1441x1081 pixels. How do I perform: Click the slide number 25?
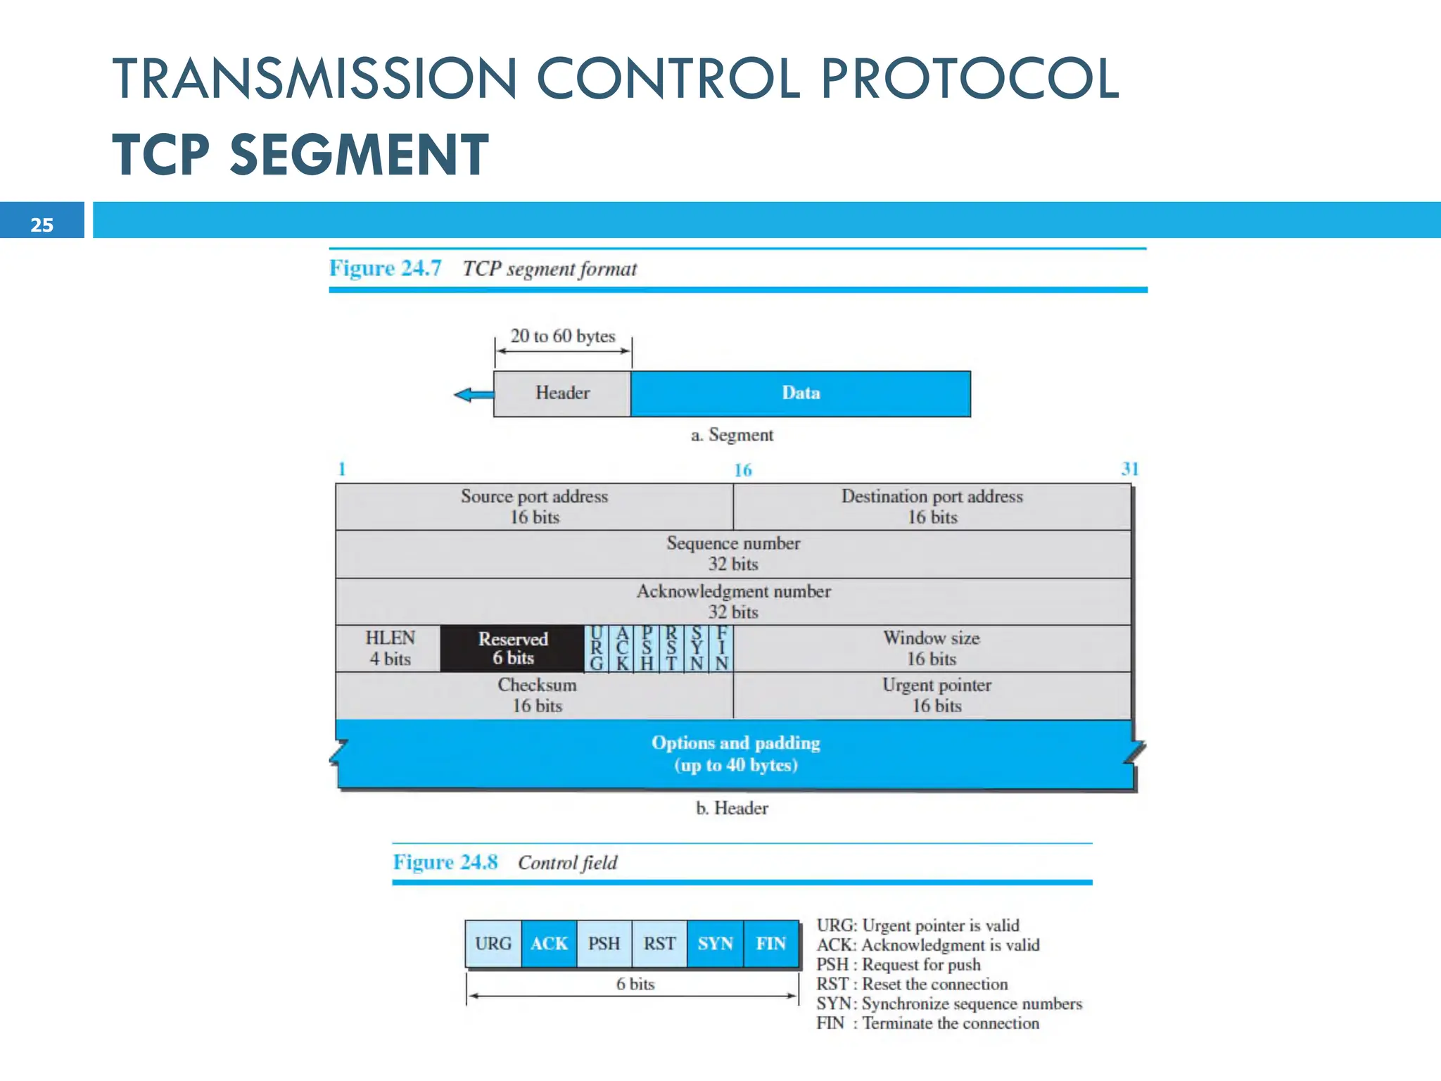coord(42,225)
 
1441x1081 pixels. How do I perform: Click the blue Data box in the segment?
coord(801,393)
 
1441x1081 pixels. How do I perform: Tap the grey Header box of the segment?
coord(562,393)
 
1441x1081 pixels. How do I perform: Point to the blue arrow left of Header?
coord(473,395)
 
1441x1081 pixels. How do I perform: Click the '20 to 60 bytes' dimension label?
coord(562,336)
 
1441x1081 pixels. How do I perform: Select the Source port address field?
coord(534,507)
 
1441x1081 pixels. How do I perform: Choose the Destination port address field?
coord(932,507)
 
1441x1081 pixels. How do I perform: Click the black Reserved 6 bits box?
coord(512,648)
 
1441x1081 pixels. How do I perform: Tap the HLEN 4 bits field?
coord(389,648)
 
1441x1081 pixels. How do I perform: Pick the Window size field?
coord(931,648)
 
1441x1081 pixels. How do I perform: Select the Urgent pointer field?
coord(936,695)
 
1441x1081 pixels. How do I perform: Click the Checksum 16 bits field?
coord(536,695)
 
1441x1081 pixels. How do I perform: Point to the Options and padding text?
coord(735,753)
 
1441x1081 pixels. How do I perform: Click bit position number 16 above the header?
coord(742,470)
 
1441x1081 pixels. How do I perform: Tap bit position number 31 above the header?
coord(1129,469)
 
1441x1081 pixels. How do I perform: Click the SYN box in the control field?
coord(715,944)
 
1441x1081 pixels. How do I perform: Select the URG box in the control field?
coord(493,944)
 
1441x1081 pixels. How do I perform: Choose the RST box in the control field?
coord(659,944)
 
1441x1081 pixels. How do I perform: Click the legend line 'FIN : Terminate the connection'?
coord(927,1023)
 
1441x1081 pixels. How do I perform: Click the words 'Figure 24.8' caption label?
coord(445,862)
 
